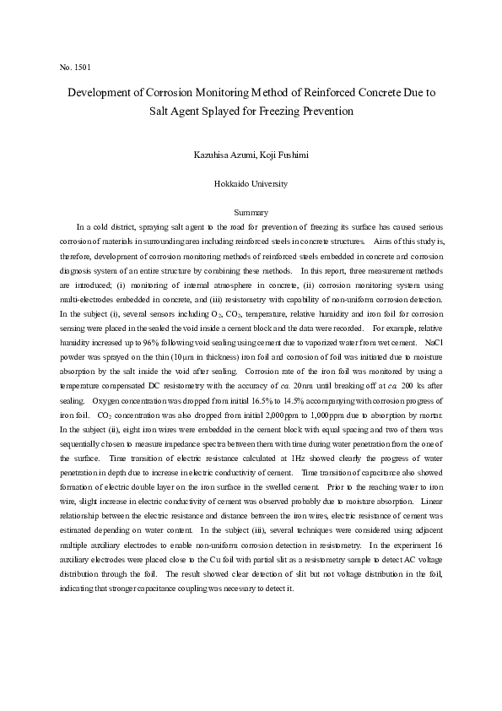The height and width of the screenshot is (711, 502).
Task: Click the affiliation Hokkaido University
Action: (x=251, y=183)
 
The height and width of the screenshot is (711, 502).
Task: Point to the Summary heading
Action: (x=251, y=213)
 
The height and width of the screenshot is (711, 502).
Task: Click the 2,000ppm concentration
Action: (x=252, y=416)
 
